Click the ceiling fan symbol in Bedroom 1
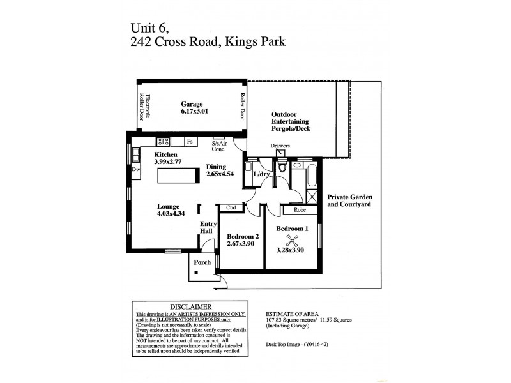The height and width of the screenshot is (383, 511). click(293, 240)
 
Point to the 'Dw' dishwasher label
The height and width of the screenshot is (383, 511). click(135, 170)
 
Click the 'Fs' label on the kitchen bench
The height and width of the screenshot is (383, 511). click(190, 142)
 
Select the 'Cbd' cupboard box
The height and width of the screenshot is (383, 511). click(231, 207)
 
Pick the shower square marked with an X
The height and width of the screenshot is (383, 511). click(312, 196)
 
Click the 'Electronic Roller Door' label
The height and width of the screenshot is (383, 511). click(143, 107)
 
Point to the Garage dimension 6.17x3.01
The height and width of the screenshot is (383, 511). click(194, 111)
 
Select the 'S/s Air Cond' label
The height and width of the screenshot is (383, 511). click(218, 146)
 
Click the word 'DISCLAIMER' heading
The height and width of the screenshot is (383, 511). click(187, 307)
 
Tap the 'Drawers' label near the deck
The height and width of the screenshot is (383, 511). click(280, 146)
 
